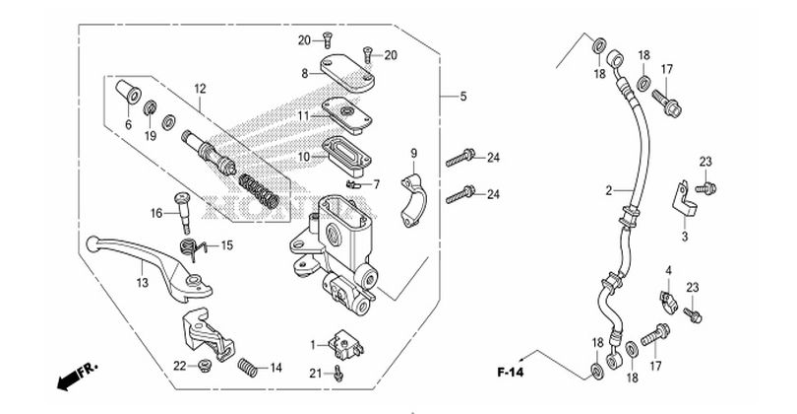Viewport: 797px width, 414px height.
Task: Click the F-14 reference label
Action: [510, 373]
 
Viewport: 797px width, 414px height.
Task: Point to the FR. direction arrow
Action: [76, 377]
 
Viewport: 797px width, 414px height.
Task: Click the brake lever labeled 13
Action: [149, 267]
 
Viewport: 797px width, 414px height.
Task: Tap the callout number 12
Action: [201, 89]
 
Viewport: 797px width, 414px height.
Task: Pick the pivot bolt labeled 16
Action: [183, 211]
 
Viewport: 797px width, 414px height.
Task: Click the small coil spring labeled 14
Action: [248, 367]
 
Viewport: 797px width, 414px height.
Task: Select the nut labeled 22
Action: [206, 365]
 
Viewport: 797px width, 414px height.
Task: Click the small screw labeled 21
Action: [339, 375]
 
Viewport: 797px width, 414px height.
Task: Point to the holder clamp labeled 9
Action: [414, 201]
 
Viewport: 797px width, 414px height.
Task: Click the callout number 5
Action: [463, 97]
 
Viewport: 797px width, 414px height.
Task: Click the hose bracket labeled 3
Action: [684, 201]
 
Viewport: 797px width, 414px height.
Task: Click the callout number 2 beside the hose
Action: [609, 191]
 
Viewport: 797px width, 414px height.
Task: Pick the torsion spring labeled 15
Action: [192, 248]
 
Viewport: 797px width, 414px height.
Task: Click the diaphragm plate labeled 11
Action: [346, 115]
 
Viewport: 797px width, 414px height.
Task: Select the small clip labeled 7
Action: [354, 182]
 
